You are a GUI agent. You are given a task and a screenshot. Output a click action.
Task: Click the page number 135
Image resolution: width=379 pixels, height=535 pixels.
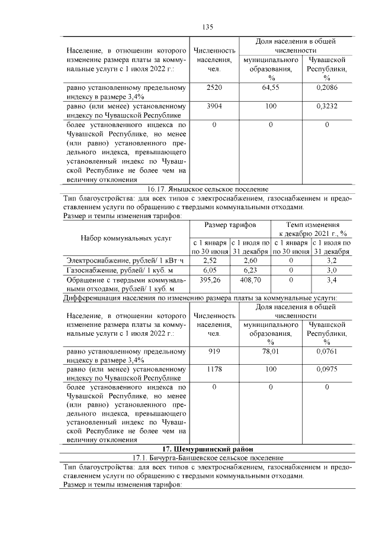point(207,27)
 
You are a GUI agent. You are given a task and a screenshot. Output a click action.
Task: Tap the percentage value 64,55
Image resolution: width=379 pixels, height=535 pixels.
point(270,87)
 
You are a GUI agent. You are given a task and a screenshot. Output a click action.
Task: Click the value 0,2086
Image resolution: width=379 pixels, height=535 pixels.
point(326,87)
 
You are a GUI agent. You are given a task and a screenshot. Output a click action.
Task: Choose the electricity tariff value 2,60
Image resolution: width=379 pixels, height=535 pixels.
point(250,260)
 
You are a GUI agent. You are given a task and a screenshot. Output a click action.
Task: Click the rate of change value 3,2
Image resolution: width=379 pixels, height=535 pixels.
point(332,260)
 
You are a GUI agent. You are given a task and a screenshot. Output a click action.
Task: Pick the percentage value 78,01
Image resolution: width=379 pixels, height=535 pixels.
point(270,352)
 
